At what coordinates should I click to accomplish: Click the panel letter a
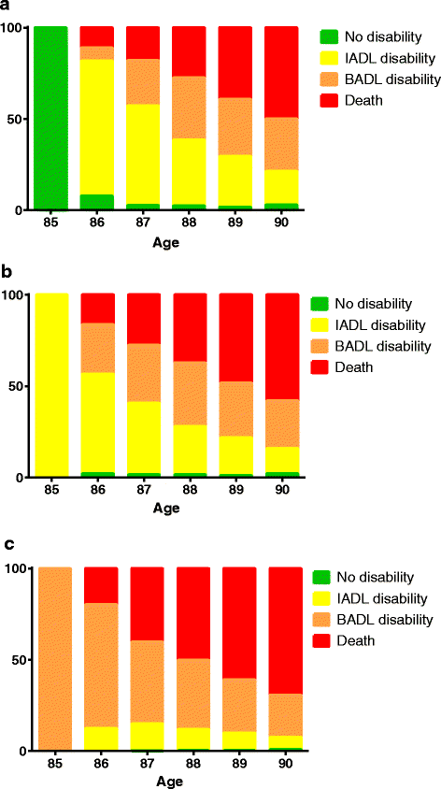pos(7,7)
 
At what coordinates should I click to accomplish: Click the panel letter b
pos(7,276)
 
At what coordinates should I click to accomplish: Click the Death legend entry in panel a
pos(358,99)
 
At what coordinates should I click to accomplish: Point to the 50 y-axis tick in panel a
pos(17,119)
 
